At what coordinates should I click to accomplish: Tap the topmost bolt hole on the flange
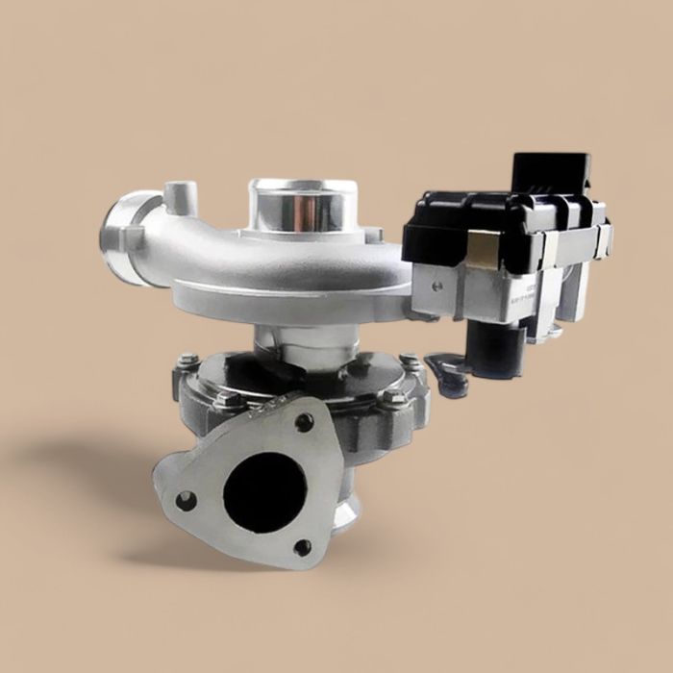pos(305,422)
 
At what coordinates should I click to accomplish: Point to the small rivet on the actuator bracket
pos(437,286)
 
